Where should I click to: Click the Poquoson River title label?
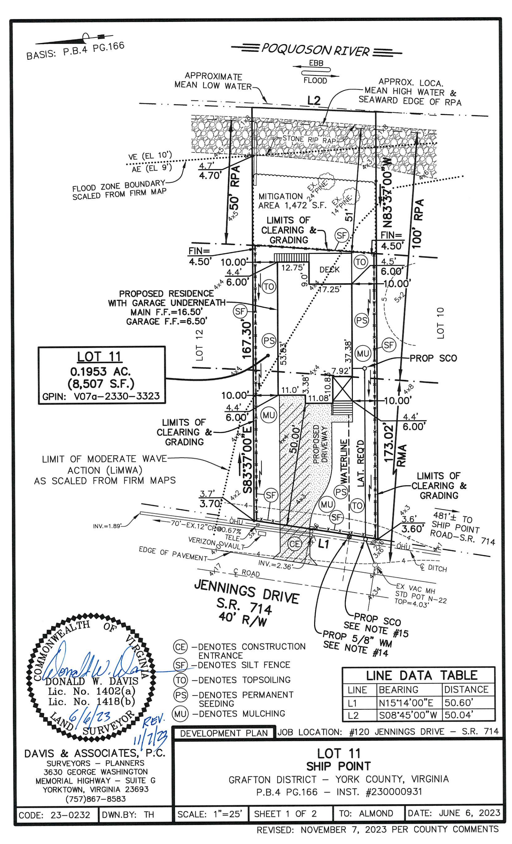pos(315,50)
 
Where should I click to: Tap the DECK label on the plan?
pos(330,270)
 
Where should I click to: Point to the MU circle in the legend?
pos(180,714)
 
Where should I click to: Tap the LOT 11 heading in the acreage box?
pos(99,357)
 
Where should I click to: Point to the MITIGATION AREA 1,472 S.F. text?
pos(292,201)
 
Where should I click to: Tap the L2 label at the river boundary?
pos(314,100)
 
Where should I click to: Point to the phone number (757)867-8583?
pos(96,799)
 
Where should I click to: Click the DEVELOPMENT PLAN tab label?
pos(224,733)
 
